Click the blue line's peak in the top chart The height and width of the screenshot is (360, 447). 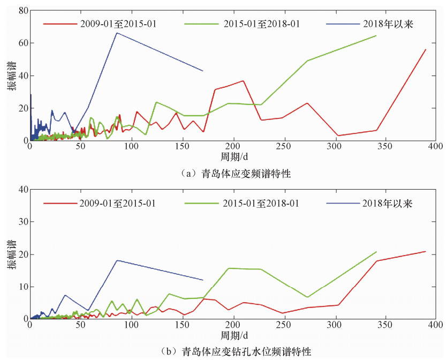(117, 33)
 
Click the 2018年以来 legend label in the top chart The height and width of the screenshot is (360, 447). (387, 24)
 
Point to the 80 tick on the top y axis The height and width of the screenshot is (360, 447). (22, 10)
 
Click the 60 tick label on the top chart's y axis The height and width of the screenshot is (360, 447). (22, 43)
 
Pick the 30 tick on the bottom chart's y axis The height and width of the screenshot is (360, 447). (22, 222)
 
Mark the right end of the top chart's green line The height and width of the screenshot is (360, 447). (376, 35)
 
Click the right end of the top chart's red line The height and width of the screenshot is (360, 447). (426, 49)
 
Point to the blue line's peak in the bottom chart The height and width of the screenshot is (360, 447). (117, 260)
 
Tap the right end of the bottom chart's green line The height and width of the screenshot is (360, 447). (376, 252)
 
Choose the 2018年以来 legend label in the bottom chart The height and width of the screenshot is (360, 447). (387, 203)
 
